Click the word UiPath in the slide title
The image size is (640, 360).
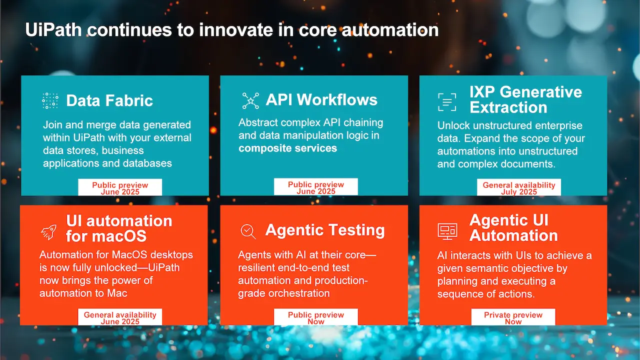click(53, 29)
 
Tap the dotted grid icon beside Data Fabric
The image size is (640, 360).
click(50, 100)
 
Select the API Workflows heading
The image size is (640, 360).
click(321, 99)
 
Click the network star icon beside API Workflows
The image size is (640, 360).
click(250, 100)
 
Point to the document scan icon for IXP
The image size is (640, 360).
click(447, 102)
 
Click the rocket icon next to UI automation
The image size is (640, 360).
click(49, 231)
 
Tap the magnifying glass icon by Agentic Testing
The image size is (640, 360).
click(248, 231)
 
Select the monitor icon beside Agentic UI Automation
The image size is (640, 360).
click(447, 231)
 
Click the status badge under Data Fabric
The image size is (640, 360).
click(120, 187)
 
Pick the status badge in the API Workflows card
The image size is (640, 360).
click(315, 187)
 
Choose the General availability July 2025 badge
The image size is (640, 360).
click(519, 187)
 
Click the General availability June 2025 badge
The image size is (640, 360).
click(120, 317)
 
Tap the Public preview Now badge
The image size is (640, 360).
click(315, 317)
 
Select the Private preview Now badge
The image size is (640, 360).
click(513, 317)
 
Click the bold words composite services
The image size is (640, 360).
click(287, 148)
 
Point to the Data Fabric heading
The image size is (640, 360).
click(109, 100)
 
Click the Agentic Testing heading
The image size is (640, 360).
click(325, 230)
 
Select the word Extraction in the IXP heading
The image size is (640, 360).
click(508, 107)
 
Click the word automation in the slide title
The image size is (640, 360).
click(390, 29)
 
